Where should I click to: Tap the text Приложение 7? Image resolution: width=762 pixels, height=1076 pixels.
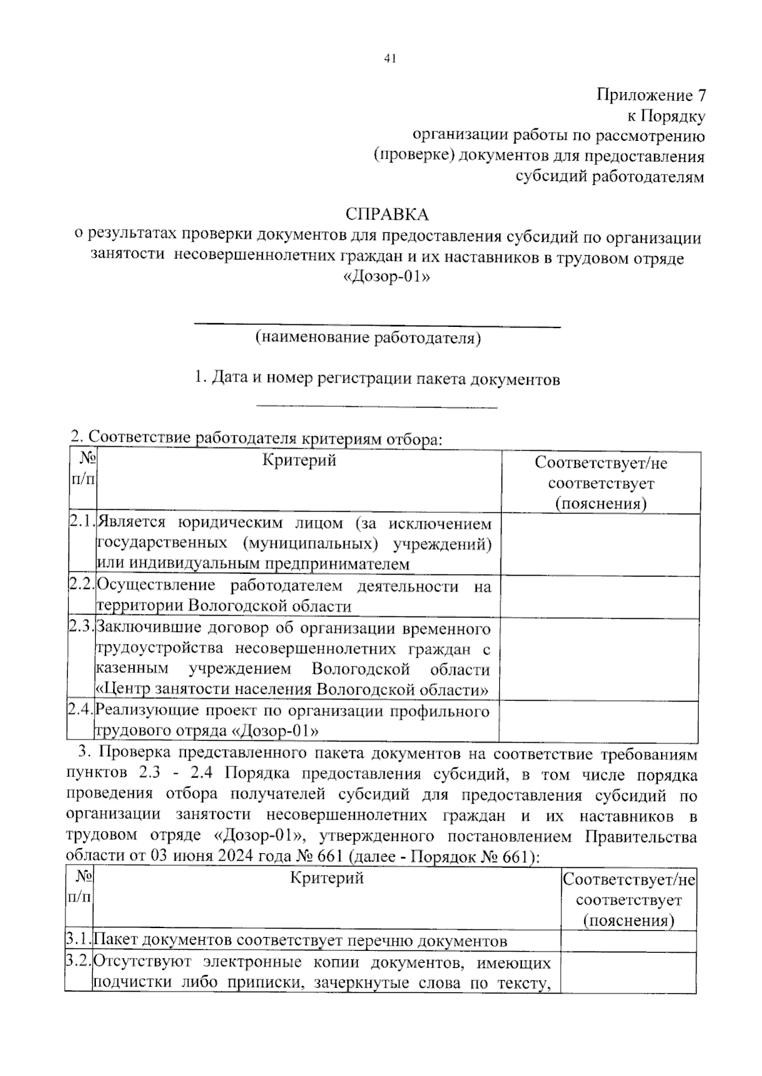pos(650,95)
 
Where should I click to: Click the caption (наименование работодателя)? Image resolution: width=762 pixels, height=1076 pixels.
pos(368,337)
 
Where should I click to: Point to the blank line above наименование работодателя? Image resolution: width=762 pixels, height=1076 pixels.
pos(377,326)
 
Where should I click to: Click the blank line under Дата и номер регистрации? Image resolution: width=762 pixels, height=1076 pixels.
pos(377,407)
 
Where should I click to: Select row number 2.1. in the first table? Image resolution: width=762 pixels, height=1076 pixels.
pos(81,523)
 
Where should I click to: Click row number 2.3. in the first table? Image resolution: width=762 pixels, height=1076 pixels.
pos(81,627)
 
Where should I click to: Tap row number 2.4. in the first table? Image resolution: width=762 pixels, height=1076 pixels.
pos(81,710)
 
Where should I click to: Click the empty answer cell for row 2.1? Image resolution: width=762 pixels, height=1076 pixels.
pos(600,544)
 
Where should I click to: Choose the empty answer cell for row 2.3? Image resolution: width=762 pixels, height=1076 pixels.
pos(599,659)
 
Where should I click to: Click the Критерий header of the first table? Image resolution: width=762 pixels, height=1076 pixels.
pos(299,461)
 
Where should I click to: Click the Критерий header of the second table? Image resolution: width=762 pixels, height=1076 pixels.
pos(327,878)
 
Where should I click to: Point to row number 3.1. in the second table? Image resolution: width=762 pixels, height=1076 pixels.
pos(79,940)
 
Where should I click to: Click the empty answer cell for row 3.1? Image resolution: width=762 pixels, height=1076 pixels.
pos(628,940)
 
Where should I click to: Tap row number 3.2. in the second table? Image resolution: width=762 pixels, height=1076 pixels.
pos(79,962)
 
